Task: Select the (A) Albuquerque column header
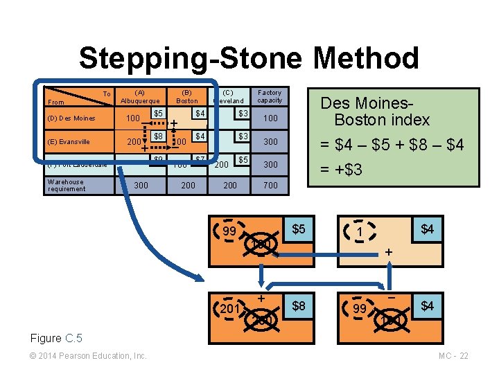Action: (x=140, y=96)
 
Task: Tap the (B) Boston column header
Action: (x=186, y=96)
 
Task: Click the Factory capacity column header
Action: (x=270, y=96)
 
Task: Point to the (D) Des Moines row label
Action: (x=72, y=118)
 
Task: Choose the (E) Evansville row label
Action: (x=69, y=142)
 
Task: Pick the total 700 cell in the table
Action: (x=270, y=186)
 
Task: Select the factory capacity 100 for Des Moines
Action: (x=270, y=118)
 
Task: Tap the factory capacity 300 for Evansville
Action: (x=270, y=142)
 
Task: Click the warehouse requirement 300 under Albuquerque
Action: (x=140, y=186)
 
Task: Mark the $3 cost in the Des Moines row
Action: (x=243, y=114)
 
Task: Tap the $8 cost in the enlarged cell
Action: (x=299, y=305)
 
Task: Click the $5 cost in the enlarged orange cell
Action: (x=299, y=229)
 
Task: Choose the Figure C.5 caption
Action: (x=56, y=338)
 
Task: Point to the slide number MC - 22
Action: (x=454, y=356)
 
